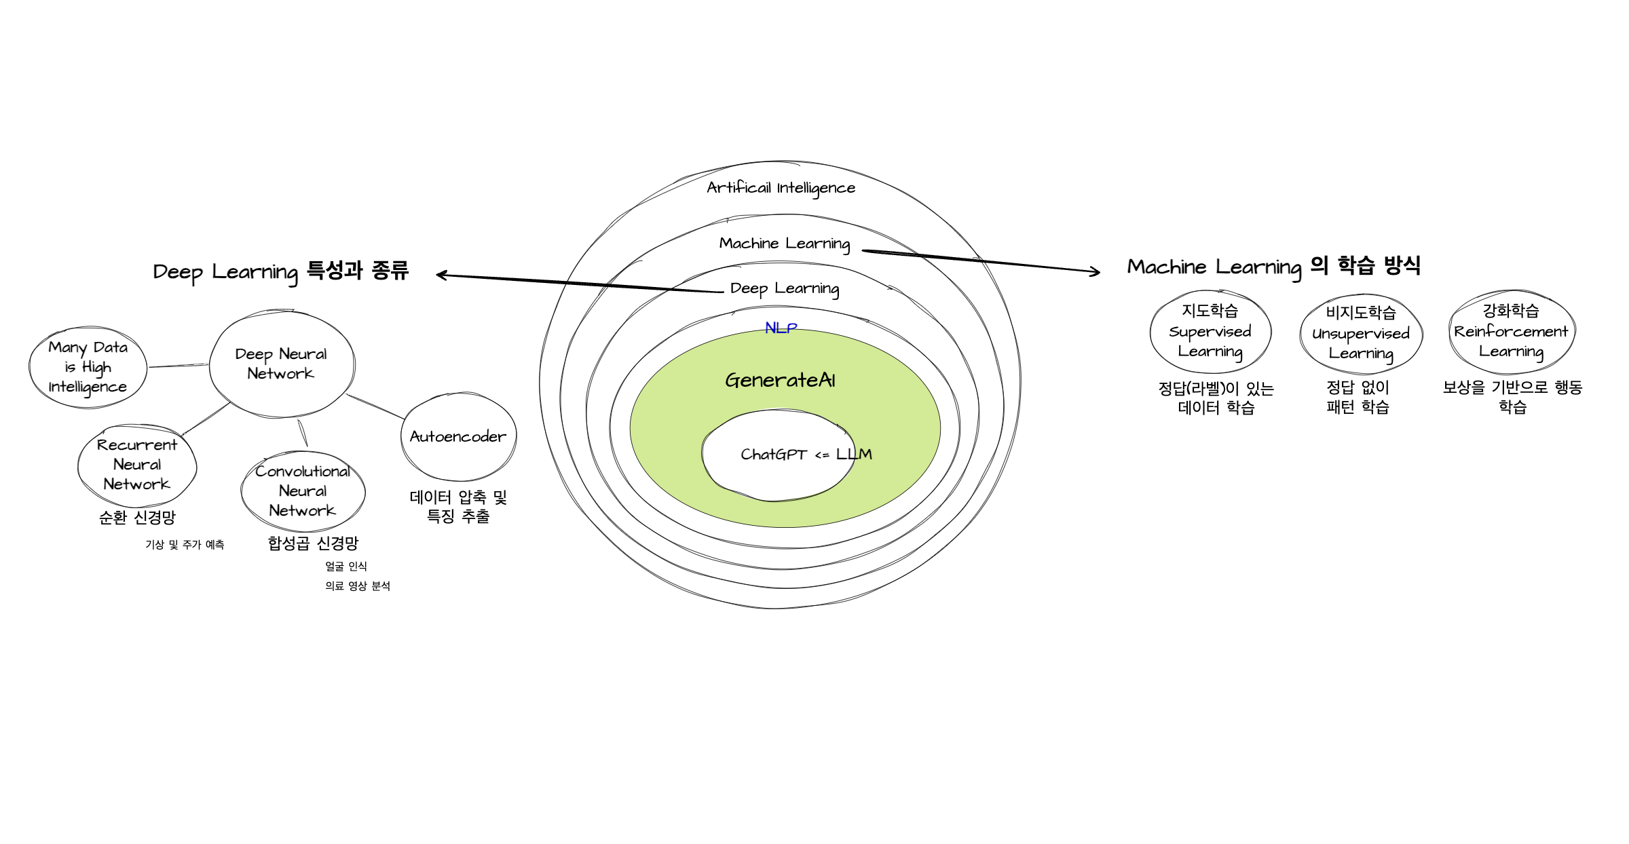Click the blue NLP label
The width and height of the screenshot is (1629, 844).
pos(781,328)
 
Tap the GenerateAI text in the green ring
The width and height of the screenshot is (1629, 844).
pos(780,380)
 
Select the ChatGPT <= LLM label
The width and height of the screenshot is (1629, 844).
pos(806,454)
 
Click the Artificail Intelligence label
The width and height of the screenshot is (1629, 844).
pos(781,188)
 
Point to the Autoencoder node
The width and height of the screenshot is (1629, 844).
pos(458,436)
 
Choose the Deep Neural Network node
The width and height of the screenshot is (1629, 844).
pos(281,364)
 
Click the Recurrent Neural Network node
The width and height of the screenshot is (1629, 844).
pos(137,465)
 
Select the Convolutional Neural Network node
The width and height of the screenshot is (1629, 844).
pos(303,491)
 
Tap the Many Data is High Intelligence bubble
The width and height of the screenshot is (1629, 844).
pos(88,367)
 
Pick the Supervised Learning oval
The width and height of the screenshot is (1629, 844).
pos(1210,332)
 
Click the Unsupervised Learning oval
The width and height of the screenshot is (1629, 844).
pos(1361,333)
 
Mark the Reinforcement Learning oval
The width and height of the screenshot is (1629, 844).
pos(1512,331)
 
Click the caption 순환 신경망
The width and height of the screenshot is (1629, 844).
pos(137,518)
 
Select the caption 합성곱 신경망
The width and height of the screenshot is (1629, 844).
pos(313,543)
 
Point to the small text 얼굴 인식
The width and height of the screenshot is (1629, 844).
pos(345,567)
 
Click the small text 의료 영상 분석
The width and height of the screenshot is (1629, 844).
pos(357,586)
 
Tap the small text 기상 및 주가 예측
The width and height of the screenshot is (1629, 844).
pos(185,545)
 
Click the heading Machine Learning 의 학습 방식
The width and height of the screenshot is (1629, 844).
pos(1273,267)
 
